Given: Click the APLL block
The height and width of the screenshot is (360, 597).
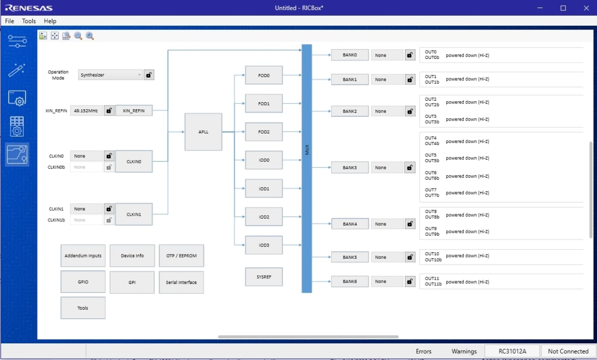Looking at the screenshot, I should coord(203,132).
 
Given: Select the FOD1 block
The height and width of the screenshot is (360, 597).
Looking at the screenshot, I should coord(264,104).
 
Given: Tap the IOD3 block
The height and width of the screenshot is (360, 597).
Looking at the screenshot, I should coord(264,245).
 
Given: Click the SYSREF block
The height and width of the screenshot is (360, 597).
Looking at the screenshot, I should coord(264,277).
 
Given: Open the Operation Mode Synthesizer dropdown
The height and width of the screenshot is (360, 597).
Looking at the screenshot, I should coord(110,75).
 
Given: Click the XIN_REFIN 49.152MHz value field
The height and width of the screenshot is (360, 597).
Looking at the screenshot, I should coord(87,111).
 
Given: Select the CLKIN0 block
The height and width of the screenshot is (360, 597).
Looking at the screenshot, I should coord(134,161).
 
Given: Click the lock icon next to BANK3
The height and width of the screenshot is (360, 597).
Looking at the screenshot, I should coord(410,168).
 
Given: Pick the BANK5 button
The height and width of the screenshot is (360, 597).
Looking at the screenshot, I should coord(349,257).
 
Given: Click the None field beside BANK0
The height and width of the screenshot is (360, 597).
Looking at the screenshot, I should coord(387,55).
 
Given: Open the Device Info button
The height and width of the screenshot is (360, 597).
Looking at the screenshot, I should coord(132,256).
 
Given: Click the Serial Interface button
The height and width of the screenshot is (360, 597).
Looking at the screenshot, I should coord(181,283).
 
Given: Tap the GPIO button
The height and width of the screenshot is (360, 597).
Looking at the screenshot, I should coord(83,282).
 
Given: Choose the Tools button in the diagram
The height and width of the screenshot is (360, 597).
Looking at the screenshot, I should coord(83,308).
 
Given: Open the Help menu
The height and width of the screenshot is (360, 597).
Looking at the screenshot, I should coord(50,21).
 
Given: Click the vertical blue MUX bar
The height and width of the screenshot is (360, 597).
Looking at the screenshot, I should coord(307,168).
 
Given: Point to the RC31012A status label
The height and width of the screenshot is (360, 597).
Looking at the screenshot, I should coord(512,351).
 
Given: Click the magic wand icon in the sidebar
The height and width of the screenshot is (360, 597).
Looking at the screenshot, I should coord(17,70).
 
